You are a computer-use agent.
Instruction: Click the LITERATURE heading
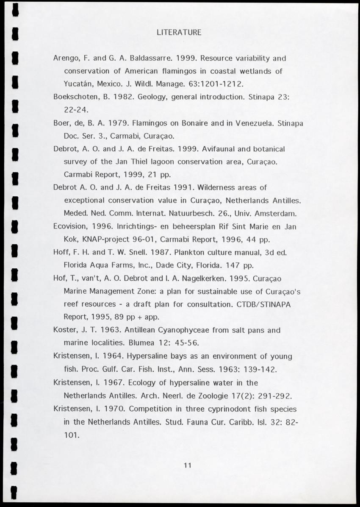(x=179, y=32)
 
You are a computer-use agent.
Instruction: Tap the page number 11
(x=188, y=465)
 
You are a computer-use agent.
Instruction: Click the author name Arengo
(x=65, y=58)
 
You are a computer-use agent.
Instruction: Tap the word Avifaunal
(x=221, y=149)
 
